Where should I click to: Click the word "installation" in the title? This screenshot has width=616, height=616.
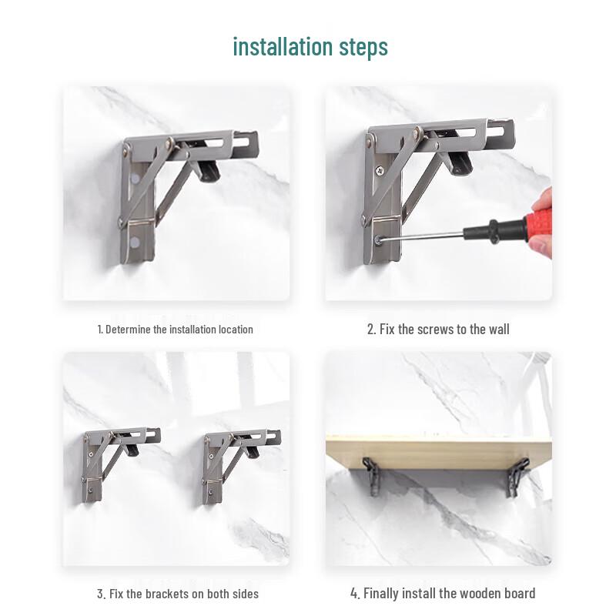(x=283, y=46)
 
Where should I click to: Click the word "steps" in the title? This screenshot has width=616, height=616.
(x=363, y=48)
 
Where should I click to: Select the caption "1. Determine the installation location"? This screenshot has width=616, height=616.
(x=176, y=329)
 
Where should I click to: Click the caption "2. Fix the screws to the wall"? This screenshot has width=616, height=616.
(x=438, y=329)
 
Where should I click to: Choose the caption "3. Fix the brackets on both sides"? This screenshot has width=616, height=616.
(x=178, y=593)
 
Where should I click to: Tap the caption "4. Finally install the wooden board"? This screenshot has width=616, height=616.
(x=443, y=593)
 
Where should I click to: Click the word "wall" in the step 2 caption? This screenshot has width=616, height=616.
(x=498, y=329)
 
